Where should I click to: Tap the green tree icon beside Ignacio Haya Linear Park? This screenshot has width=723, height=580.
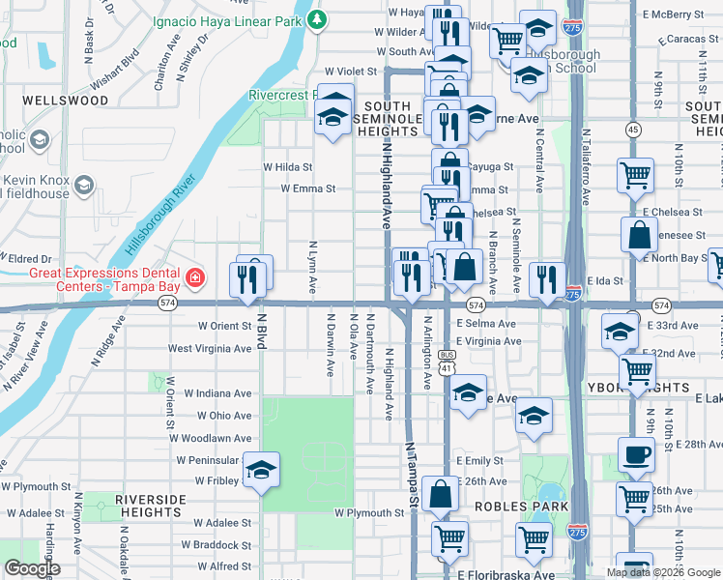[317, 18]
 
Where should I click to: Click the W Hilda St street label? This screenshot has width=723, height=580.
[288, 166]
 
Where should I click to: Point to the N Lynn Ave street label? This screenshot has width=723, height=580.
[312, 267]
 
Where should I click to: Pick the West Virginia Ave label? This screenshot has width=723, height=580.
[210, 348]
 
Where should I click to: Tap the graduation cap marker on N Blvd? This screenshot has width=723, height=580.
[261, 471]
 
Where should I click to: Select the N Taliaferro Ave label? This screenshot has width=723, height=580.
[586, 168]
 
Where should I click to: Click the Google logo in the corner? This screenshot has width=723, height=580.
[31, 568]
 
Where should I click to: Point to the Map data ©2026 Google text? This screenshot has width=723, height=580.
[663, 572]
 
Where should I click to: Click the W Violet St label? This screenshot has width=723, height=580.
[353, 72]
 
